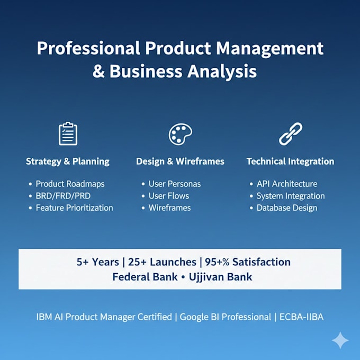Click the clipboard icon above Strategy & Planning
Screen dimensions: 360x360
68,133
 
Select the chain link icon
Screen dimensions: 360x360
291,133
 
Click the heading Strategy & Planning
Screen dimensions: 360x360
68,161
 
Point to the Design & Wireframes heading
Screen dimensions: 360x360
180,161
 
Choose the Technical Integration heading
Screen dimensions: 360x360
291,161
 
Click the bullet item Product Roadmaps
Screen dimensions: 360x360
70,184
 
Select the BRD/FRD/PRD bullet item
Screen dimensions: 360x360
63,196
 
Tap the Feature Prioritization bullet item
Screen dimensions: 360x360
75,208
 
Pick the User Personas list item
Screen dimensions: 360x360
175,184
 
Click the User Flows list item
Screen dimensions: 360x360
169,196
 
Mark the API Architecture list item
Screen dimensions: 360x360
287,184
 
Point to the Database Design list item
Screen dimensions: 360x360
287,208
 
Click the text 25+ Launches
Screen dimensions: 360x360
162,262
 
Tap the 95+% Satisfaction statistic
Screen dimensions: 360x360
248,262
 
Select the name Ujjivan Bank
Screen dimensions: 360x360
220,277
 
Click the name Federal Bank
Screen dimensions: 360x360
145,277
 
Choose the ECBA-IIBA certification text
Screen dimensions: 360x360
301,317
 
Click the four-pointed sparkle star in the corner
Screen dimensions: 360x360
340,340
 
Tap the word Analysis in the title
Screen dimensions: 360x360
222,71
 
